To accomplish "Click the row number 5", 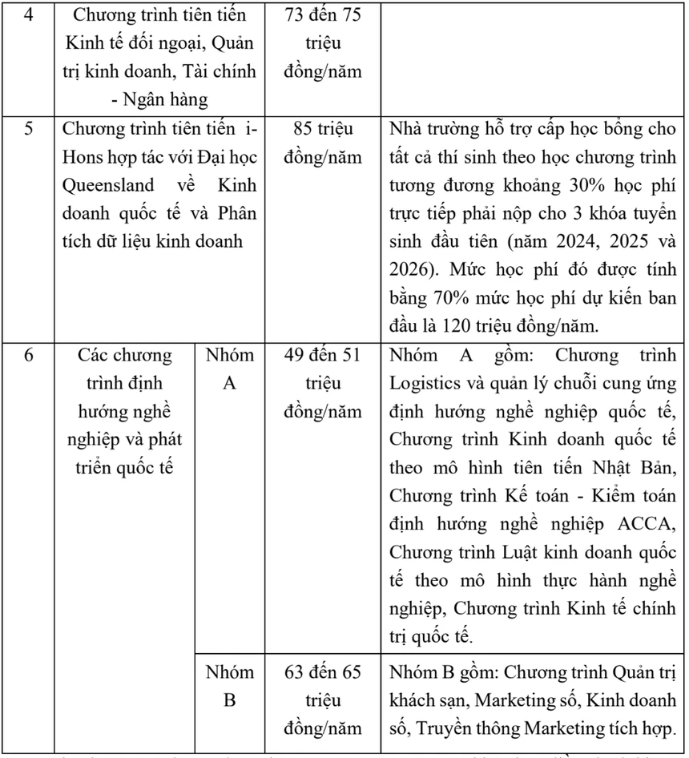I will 28,128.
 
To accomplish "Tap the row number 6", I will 28,354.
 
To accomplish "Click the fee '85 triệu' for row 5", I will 322,128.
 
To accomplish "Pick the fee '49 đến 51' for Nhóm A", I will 322,354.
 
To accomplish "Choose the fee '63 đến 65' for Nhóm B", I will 322,671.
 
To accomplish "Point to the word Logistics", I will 424,383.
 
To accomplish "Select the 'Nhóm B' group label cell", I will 229,686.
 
